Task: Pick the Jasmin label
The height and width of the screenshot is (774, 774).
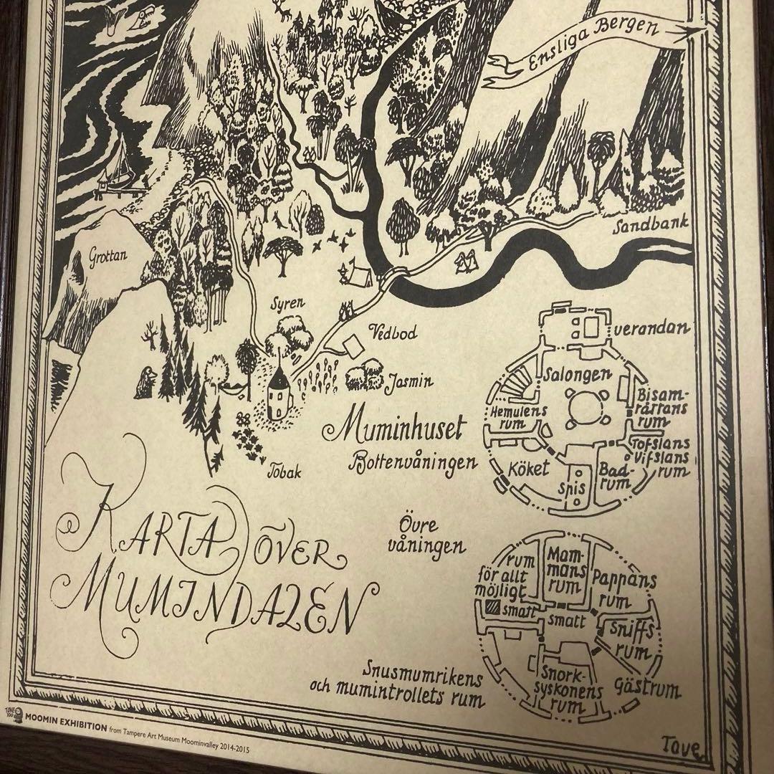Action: (409, 382)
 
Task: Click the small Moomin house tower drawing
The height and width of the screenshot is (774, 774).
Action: (279, 396)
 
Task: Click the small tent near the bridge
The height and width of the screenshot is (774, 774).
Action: (356, 274)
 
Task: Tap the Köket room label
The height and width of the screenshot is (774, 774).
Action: (529, 469)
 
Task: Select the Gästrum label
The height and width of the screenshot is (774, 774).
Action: (645, 690)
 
